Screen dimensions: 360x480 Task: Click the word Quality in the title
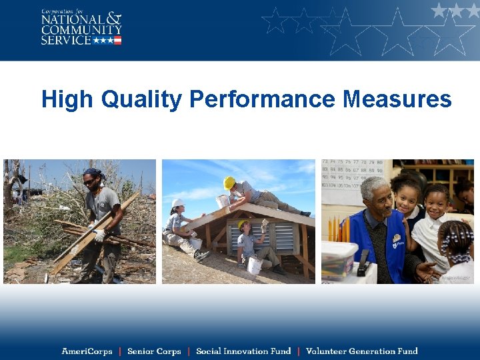(x=141, y=100)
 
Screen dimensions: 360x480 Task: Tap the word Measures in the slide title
(x=397, y=100)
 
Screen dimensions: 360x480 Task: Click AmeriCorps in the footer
(x=87, y=351)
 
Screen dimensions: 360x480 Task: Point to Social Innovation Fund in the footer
(x=243, y=351)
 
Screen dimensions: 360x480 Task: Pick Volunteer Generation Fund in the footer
(x=361, y=351)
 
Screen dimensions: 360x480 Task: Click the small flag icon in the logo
(x=117, y=41)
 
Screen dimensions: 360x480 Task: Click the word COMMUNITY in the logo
(x=81, y=30)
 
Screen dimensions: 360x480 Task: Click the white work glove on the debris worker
(x=99, y=235)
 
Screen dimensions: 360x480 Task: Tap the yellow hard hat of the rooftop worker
(x=229, y=182)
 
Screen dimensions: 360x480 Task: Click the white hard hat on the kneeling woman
(x=178, y=203)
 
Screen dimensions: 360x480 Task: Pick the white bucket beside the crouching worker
(x=254, y=265)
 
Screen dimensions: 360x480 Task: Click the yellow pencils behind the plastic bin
(x=338, y=229)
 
